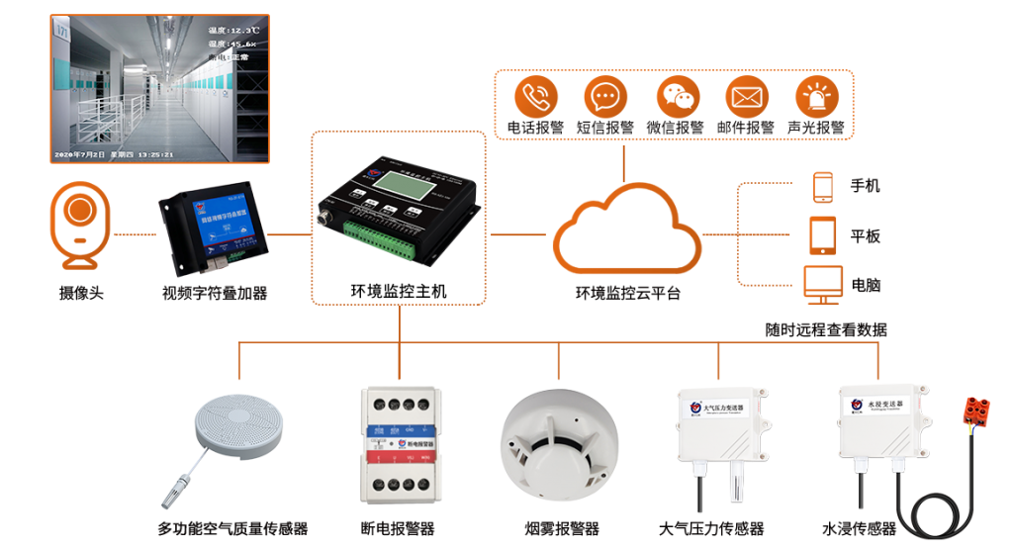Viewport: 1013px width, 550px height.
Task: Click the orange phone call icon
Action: [x=536, y=97]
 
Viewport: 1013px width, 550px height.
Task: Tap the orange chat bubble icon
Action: [x=604, y=97]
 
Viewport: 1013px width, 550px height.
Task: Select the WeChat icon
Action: [x=678, y=97]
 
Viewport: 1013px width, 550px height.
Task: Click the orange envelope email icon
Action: [x=747, y=97]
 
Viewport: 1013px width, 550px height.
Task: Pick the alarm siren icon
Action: [x=817, y=97]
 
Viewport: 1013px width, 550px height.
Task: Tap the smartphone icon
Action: [x=823, y=187]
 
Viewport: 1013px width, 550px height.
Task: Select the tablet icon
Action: [x=823, y=234]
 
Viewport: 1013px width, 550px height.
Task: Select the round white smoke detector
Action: [x=558, y=439]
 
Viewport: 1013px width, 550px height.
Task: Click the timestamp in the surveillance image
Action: [x=115, y=154]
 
